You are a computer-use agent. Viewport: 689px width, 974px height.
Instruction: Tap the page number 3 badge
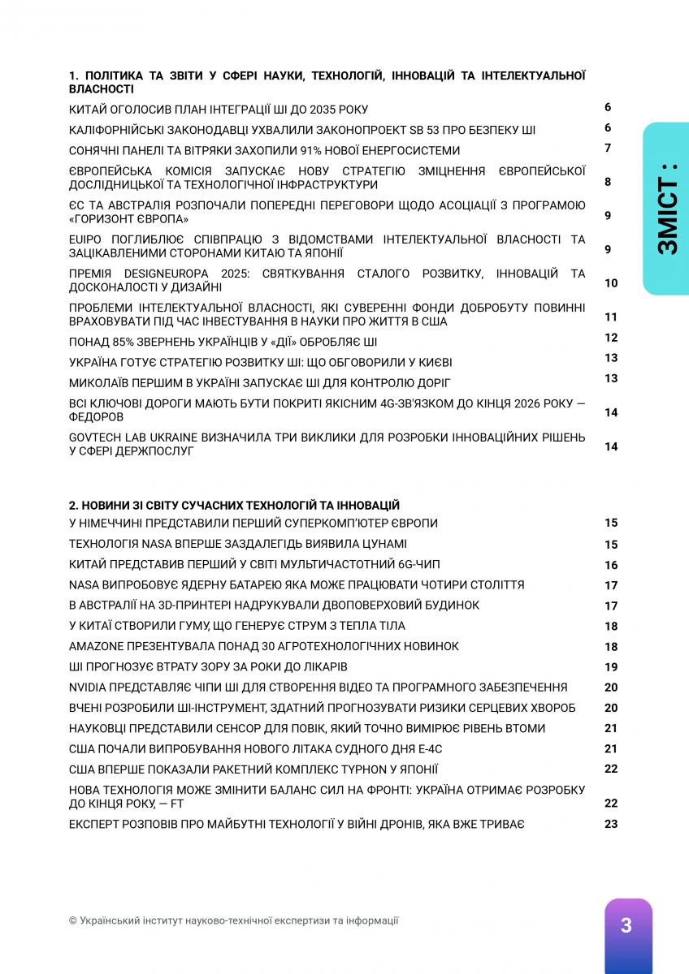pyautogui.click(x=626, y=925)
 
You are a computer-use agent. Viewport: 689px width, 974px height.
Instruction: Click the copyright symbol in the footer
pyautogui.click(x=73, y=920)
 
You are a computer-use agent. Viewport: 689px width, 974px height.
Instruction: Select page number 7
pyautogui.click(x=607, y=148)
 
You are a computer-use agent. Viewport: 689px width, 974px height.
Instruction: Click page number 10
pyautogui.click(x=611, y=283)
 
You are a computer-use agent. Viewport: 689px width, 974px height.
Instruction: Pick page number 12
pyautogui.click(x=611, y=338)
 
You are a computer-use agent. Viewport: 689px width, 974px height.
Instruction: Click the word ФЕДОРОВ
pyautogui.click(x=97, y=417)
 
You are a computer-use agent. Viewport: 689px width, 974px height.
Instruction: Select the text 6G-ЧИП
pyautogui.click(x=412, y=564)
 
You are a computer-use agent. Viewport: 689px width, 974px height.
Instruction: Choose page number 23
pyautogui.click(x=611, y=824)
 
